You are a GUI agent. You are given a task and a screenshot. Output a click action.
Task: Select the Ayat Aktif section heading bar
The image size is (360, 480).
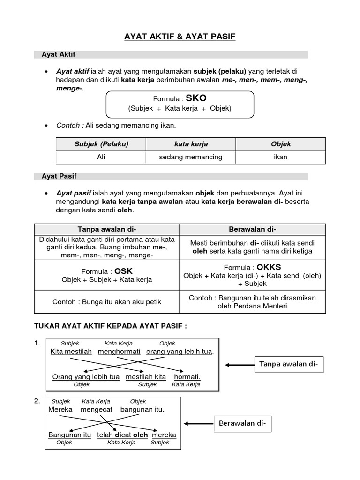[x=171, y=55]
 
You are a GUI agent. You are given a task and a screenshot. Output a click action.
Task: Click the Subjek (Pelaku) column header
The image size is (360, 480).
[x=101, y=144]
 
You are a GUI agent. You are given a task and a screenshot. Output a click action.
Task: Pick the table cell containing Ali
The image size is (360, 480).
[x=101, y=157]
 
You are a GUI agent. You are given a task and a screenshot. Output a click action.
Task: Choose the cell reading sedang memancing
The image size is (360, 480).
[x=191, y=157]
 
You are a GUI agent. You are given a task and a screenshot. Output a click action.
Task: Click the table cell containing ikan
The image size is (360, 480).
[x=280, y=157]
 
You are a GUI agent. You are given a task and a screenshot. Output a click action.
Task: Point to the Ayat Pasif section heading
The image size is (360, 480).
[x=171, y=176]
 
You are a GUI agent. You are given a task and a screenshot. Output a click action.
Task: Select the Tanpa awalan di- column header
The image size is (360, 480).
[x=107, y=229]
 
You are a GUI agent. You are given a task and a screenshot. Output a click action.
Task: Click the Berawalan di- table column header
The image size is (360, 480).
[x=252, y=229]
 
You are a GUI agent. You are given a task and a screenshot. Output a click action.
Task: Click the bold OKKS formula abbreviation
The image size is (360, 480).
[x=265, y=267]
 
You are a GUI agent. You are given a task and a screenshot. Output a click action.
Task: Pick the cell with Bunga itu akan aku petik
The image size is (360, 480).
[x=107, y=302]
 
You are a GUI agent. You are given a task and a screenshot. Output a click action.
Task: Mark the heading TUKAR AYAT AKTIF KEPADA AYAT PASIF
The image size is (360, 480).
[x=111, y=326]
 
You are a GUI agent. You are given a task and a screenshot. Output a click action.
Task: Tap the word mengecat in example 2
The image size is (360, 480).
[x=96, y=409]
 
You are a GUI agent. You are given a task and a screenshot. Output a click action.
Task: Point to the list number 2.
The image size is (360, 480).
[x=37, y=401]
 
